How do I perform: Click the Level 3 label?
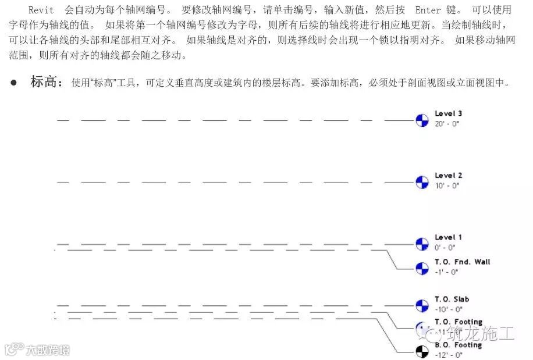[448, 114]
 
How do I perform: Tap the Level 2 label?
[448, 176]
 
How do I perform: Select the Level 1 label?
[448, 237]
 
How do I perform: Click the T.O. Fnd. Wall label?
[462, 262]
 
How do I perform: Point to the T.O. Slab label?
[452, 300]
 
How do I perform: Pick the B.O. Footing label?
[458, 345]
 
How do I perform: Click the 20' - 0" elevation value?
[447, 124]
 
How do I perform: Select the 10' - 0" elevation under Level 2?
[447, 186]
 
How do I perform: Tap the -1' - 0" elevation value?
[446, 272]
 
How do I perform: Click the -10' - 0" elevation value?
[448, 309]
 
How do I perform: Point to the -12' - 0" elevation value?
[448, 355]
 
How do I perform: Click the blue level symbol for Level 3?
[422, 120]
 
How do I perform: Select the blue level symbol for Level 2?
[422, 182]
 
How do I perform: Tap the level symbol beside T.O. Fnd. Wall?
[422, 268]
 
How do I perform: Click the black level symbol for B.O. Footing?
[422, 351]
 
